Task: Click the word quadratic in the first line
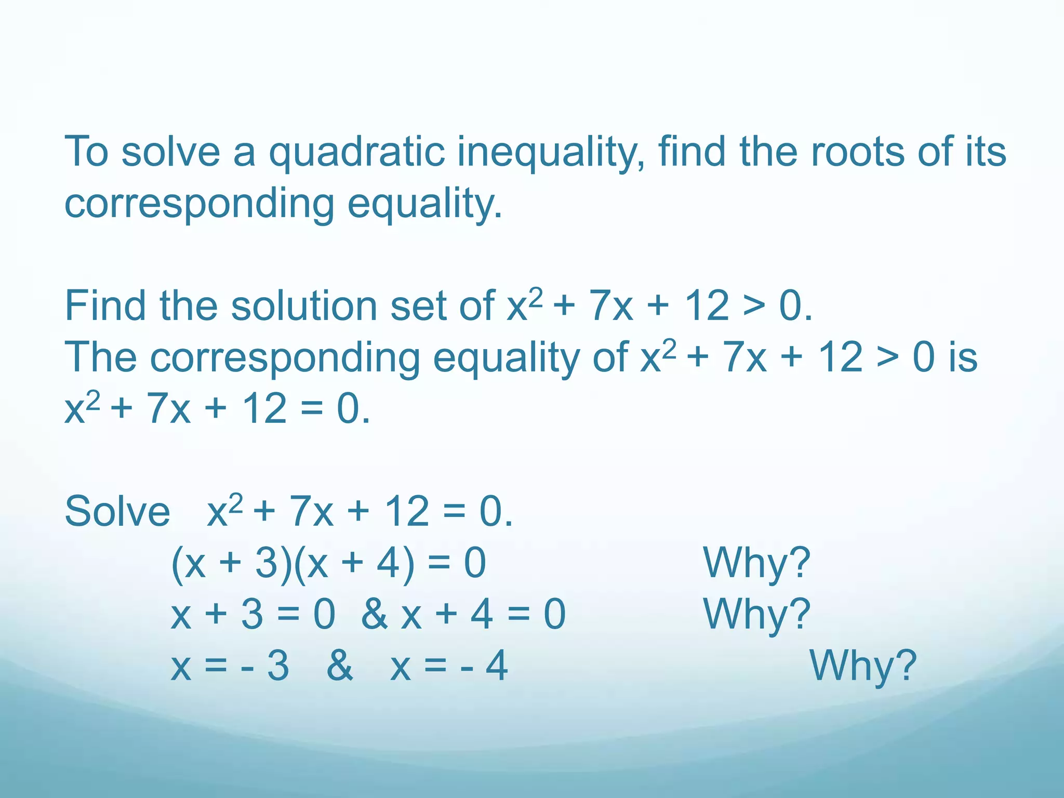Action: (356, 153)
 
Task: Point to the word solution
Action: (304, 305)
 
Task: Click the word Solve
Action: (117, 511)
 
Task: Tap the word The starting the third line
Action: (101, 357)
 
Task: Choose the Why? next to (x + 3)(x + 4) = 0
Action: (756, 563)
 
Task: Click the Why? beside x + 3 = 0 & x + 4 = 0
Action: (756, 615)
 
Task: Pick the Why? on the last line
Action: (863, 666)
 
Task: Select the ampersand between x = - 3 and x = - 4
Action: (340, 666)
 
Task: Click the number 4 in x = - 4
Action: (497, 666)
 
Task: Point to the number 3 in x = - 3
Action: (278, 666)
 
